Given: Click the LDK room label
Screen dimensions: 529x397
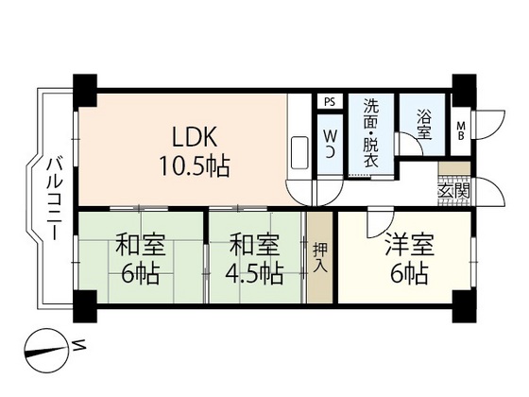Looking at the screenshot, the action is pos(194,137).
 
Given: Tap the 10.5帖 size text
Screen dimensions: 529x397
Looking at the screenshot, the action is pos(195,166).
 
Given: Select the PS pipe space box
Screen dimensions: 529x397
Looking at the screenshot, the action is pos(330,102).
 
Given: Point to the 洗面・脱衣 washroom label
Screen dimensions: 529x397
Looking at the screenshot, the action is pos(371,133).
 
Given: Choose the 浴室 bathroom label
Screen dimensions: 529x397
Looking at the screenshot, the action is pos(424,124).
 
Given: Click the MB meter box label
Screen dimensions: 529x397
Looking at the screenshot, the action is pos(461,130).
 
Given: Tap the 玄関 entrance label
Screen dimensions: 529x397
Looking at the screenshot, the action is pos(454,192).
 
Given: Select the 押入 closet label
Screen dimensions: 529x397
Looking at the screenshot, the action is pos(320,257).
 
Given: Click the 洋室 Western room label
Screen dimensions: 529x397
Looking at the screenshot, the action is pos(410,245).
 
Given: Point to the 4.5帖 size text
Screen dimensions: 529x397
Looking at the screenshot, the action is pos(254,273).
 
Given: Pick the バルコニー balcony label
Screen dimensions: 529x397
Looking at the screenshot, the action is pos(55,199).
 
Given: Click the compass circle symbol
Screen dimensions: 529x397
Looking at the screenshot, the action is pos(45,351).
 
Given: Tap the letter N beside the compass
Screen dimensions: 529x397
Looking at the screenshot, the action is pos(78,346).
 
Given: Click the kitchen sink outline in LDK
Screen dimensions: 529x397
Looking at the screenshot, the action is pos(299,153).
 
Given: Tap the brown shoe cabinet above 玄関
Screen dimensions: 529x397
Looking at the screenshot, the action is pos(454,168).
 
